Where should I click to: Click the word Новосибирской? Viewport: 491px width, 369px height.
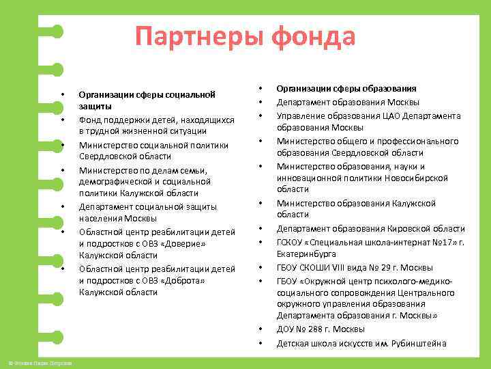[416, 178]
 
